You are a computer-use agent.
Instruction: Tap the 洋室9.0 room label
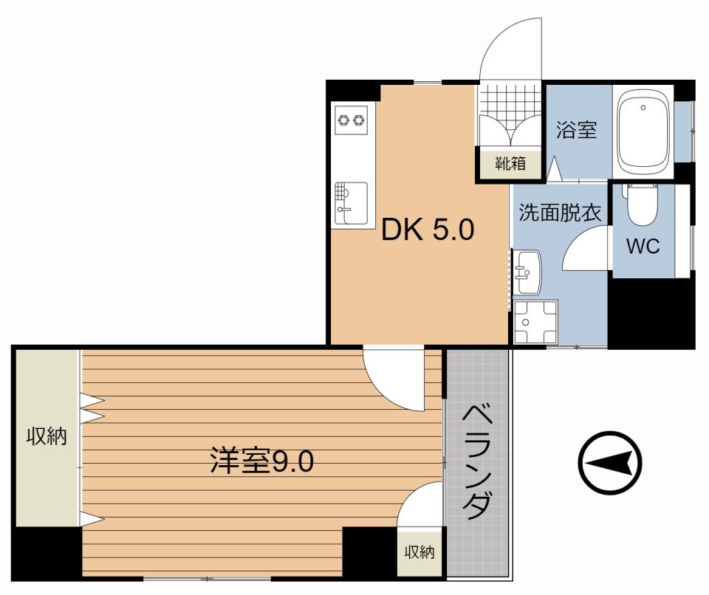pyautogui.click(x=261, y=461)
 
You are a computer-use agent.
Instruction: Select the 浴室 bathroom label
pyautogui.click(x=576, y=131)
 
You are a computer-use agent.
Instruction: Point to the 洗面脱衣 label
pyautogui.click(x=559, y=213)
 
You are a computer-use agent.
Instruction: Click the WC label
pyautogui.click(x=643, y=247)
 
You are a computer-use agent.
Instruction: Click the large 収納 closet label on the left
pyautogui.click(x=47, y=436)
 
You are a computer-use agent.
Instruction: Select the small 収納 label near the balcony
pyautogui.click(x=419, y=551)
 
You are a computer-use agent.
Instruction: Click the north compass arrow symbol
pyautogui.click(x=610, y=463)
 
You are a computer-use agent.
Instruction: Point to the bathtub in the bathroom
pyautogui.click(x=643, y=131)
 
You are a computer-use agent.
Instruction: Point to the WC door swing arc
pyautogui.click(x=586, y=250)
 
